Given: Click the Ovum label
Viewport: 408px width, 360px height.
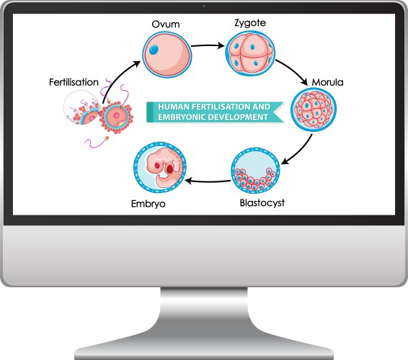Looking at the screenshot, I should tap(164, 24).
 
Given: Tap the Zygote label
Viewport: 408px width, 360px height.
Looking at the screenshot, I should tap(249, 23).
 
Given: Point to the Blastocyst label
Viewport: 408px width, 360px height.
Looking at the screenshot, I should tap(261, 202).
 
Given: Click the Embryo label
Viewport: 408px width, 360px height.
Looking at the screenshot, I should tap(148, 204).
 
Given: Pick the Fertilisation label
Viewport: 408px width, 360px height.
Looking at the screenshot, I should tap(74, 82).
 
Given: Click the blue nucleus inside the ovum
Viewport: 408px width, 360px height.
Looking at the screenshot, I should tap(154, 49).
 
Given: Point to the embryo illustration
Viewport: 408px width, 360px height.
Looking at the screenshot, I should tap(161, 168).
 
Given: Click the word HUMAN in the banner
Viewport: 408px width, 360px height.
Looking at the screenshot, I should tap(171, 106).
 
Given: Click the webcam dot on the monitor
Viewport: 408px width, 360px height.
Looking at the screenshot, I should tap(204, 6).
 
